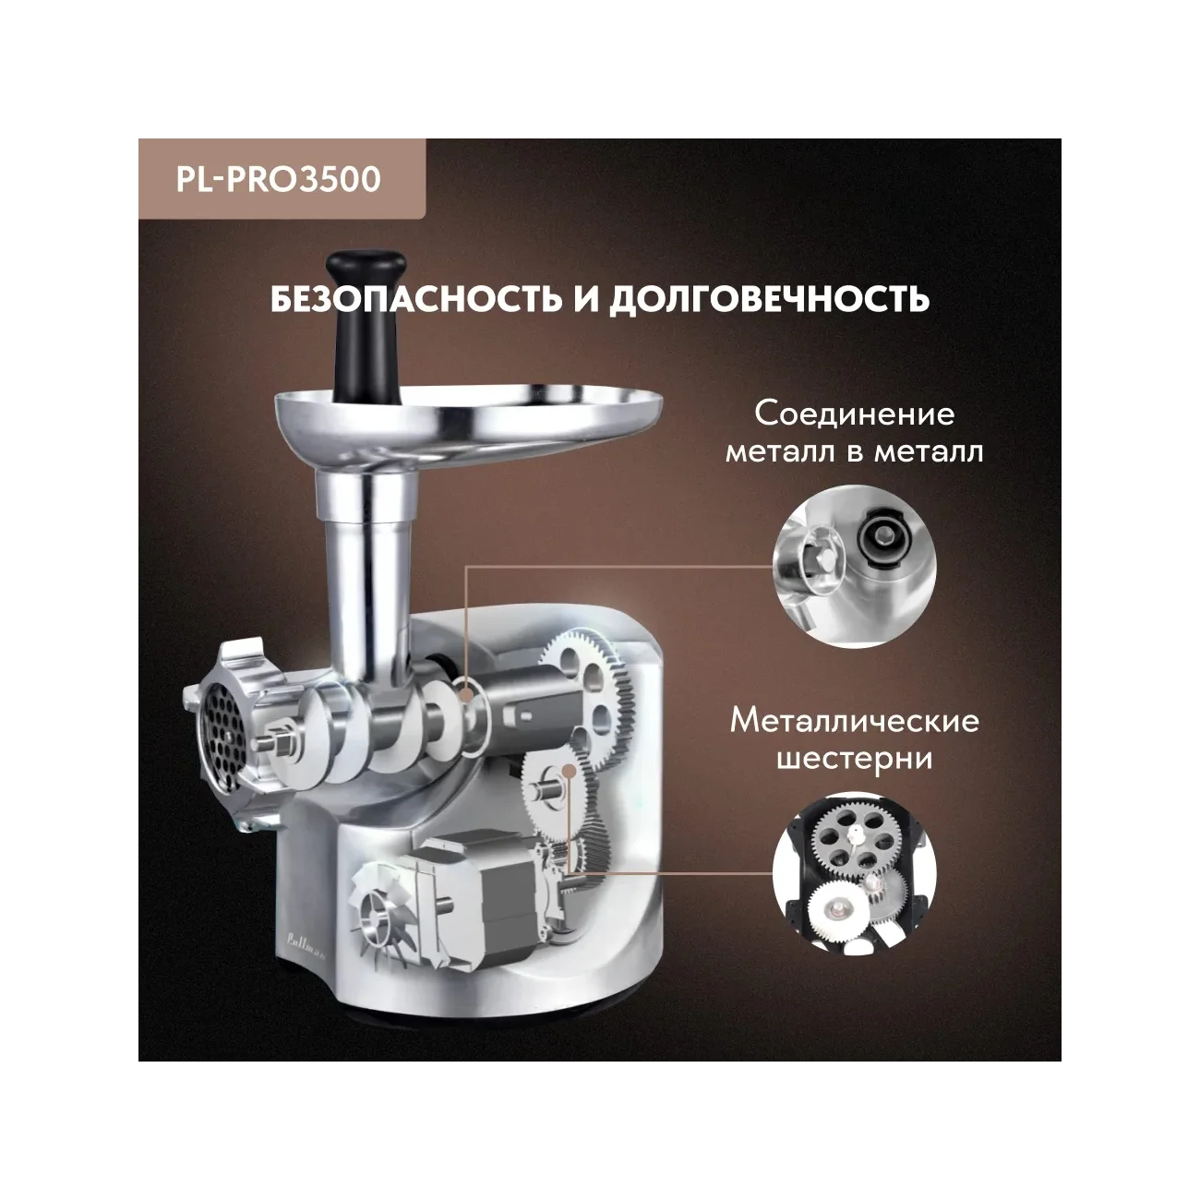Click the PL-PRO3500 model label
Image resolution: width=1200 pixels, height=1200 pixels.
(279, 179)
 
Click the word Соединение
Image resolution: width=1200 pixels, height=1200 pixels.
(855, 414)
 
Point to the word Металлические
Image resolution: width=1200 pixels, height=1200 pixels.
(855, 722)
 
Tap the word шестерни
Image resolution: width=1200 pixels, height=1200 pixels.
(855, 759)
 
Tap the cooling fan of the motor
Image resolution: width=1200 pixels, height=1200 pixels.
(378, 908)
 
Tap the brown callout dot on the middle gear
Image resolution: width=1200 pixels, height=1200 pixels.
(568, 772)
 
